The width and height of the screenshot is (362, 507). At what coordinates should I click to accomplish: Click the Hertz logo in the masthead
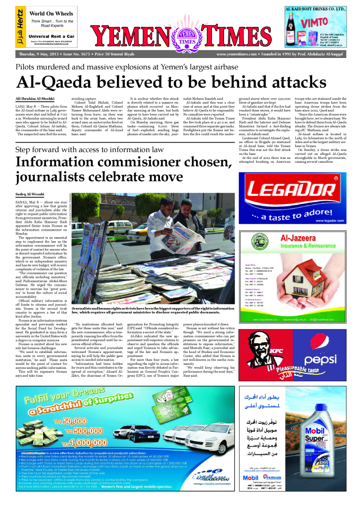pyautogui.click(x=20, y=27)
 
